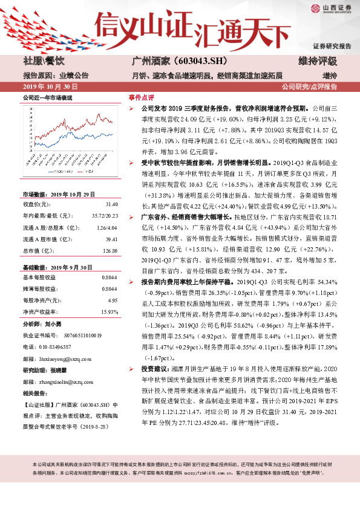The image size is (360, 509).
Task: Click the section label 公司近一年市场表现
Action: [47, 97]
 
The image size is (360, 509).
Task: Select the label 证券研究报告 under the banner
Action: [332, 46]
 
